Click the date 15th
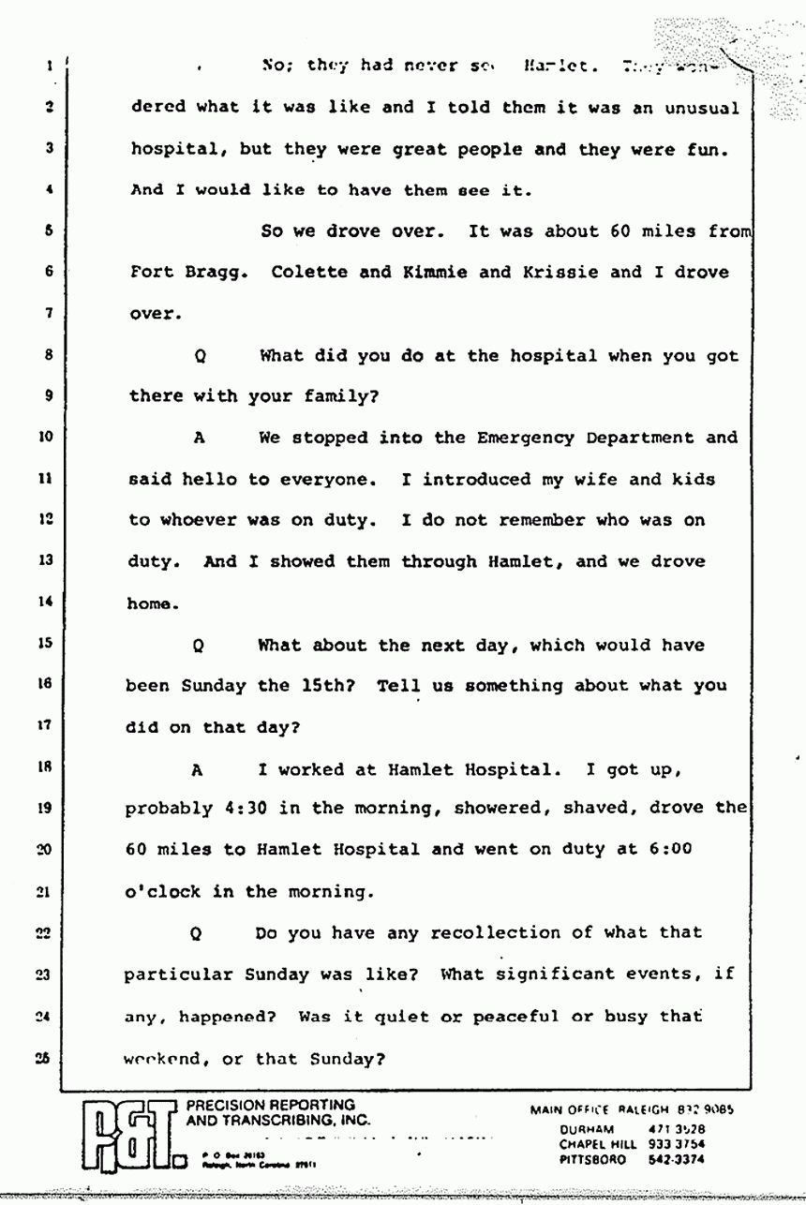[325, 685]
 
